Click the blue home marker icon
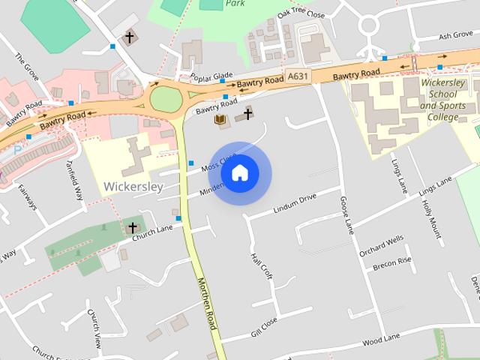pos(240,173)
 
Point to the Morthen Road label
pos(206,303)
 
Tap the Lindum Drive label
pos(295,202)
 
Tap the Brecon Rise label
pos(393,262)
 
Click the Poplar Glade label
pos(212,78)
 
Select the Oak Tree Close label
pos(301,13)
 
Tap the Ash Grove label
pos(455,35)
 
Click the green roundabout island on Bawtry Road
pos(166,99)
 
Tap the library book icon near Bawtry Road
pos(220,120)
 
